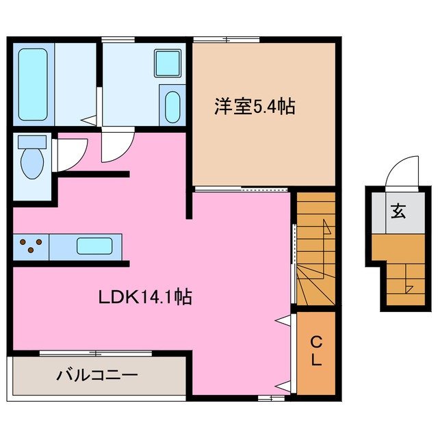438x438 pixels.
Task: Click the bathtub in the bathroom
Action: (33, 84)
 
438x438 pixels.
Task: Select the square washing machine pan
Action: (167, 64)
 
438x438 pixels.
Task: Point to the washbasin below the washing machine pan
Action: (172, 107)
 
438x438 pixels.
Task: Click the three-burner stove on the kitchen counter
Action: (30, 246)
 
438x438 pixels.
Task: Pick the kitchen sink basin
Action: (95, 246)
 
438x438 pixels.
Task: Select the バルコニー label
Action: (97, 375)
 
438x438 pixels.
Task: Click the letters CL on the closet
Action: (315, 352)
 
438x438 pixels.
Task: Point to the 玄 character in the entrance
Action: (398, 211)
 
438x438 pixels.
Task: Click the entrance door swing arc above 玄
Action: (404, 170)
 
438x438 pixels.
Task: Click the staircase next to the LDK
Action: (315, 250)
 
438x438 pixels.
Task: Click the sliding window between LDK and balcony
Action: (96, 353)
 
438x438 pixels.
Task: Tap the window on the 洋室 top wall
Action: (226, 39)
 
